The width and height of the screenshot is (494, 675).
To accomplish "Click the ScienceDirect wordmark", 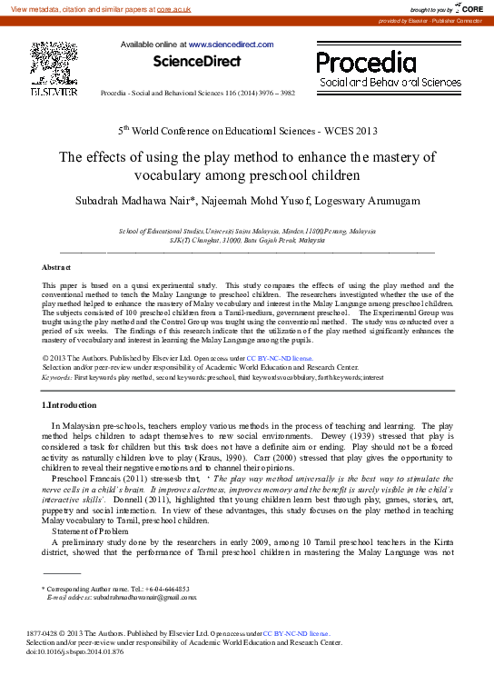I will click(197, 62).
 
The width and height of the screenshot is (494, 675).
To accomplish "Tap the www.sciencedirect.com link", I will click(231, 44).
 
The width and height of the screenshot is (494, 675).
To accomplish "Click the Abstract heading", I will click(57, 267).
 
